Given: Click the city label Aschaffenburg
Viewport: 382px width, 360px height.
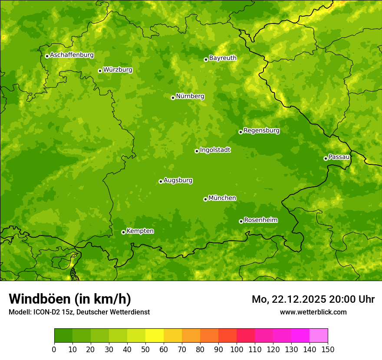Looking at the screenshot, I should [72, 55].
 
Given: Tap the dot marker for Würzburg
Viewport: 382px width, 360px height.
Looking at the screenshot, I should [100, 71].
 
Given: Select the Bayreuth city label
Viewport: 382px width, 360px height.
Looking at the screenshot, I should [223, 58].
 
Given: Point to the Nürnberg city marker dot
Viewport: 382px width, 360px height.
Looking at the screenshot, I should [173, 98].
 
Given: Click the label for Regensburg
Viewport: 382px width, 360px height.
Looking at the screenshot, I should [261, 131].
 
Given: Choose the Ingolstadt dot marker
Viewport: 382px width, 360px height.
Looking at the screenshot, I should [197, 151].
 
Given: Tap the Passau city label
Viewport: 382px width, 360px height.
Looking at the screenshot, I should [339, 157].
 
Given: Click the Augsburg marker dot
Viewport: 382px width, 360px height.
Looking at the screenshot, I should [161, 181].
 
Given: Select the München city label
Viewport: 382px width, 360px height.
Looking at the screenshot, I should [222, 198].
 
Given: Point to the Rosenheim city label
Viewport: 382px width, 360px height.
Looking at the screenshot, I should [260, 220].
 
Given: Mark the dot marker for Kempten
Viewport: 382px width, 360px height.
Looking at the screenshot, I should [123, 232].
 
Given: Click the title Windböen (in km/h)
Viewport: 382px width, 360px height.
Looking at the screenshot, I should [70, 299].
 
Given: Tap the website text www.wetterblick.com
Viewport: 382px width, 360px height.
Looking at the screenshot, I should [313, 312].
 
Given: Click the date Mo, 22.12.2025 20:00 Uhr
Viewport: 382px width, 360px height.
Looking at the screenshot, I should [313, 299].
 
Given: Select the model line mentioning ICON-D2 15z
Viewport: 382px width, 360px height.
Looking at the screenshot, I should [79, 312].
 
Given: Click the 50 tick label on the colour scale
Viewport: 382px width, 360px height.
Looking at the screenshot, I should [145, 349].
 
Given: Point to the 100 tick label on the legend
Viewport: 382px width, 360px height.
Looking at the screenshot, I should [237, 349].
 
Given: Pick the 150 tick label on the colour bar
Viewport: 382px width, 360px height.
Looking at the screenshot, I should [328, 349].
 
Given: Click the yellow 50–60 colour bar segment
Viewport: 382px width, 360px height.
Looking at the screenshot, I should [155, 336].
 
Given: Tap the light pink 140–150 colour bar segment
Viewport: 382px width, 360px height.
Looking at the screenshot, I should [319, 336].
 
